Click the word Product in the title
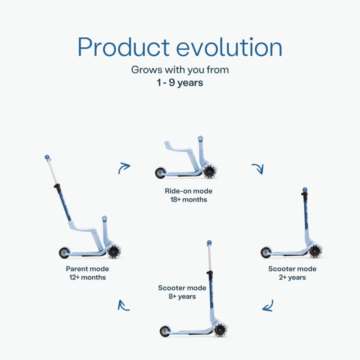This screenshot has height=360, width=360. [123, 47]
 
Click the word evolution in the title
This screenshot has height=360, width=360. [229, 47]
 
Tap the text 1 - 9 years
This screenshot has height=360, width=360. [180, 83]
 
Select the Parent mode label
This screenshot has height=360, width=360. [87, 269]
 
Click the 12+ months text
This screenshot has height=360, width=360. [87, 277]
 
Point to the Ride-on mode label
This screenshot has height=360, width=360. [189, 191]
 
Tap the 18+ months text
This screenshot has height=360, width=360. [189, 199]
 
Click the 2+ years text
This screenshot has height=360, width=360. [292, 278]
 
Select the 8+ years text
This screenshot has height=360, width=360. [182, 297]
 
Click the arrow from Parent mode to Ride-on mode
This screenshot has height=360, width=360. [123, 167]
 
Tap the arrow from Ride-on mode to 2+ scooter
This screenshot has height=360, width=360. [258, 168]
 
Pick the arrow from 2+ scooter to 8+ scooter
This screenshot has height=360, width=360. [268, 306]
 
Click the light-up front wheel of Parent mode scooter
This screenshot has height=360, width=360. [114, 252]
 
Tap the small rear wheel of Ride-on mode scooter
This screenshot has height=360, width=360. [160, 173]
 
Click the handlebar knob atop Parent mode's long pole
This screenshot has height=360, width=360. [47, 157]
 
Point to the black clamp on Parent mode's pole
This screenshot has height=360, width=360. [58, 188]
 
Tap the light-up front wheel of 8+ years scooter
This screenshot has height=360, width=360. [220, 330]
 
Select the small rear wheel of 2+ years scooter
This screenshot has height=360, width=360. [266, 252]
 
